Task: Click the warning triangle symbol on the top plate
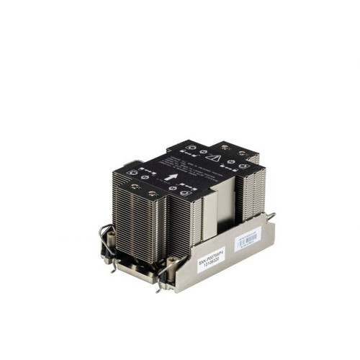213,156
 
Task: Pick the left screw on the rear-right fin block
225,146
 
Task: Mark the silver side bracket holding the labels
230,252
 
